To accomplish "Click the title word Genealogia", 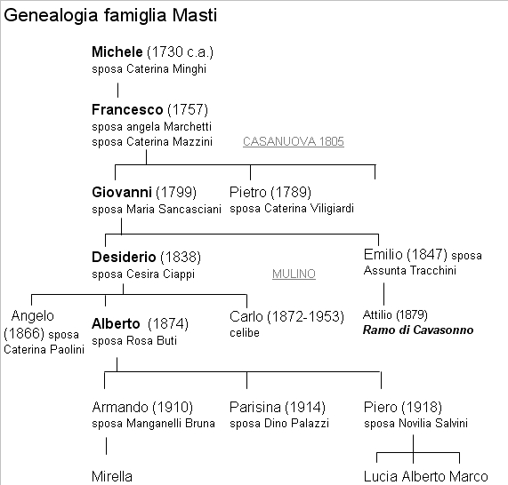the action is point(51,16).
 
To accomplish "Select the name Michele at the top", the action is point(117,52).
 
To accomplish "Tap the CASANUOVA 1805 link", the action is point(294,141).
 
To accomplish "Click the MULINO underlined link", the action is point(294,274).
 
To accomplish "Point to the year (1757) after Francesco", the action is point(188,109).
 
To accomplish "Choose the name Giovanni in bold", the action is point(122,192).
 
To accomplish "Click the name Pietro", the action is point(248,192).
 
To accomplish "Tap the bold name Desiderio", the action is point(124,258).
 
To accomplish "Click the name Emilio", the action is point(383,254).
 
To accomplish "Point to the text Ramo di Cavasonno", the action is point(418,330).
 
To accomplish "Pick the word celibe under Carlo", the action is point(245,332).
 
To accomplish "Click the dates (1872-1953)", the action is point(305,316).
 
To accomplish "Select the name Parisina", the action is point(255,407).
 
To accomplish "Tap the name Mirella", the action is point(112,476).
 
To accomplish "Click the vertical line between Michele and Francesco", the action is point(117,90).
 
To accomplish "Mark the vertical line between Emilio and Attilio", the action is point(384,294).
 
